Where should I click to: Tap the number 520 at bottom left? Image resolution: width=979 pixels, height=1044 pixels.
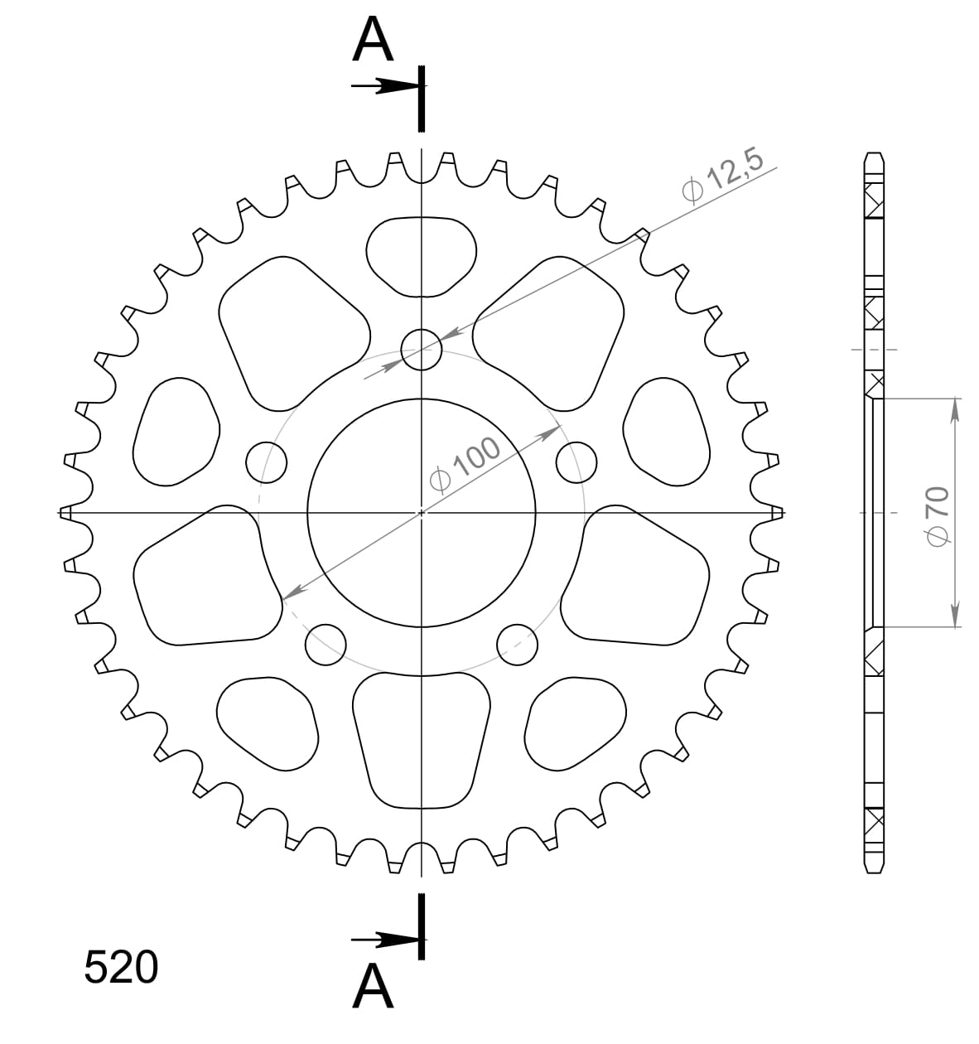121,967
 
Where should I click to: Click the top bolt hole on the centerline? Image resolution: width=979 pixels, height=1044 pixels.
422,350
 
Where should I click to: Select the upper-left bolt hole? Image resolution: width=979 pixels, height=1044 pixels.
267,462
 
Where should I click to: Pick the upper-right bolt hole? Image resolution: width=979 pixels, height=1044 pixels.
576,462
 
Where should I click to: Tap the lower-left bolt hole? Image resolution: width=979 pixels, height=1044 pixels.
326,644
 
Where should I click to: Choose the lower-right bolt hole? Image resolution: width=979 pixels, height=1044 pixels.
518,644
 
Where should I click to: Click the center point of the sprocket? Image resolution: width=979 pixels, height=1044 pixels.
422,513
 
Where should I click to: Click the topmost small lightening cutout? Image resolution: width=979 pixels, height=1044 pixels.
422,256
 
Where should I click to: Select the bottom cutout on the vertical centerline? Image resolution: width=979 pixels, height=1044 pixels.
422,740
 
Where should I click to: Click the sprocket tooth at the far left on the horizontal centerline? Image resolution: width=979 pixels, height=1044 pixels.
66,513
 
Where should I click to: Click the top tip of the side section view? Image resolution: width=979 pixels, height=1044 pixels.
873,154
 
